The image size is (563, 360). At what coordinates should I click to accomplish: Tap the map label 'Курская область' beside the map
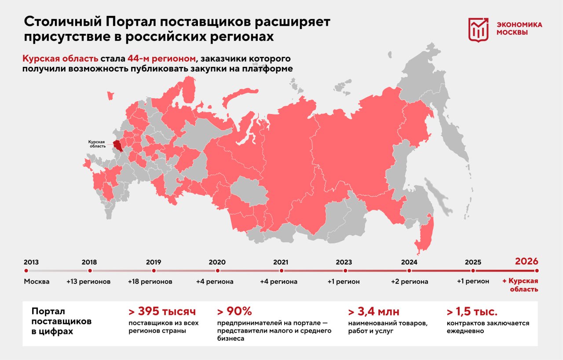96,144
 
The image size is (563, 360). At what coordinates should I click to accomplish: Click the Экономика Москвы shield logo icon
478,30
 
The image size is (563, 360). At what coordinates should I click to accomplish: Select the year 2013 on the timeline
31,262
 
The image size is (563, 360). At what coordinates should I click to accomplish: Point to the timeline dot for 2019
154,271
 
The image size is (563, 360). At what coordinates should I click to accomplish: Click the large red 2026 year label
526,261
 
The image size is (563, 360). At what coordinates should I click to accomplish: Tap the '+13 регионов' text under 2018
88,282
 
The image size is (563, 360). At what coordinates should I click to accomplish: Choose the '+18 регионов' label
150,282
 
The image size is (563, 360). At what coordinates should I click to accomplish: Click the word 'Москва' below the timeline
37,282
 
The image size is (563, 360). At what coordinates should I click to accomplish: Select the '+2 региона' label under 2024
409,282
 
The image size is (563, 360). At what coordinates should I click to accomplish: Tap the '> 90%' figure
234,312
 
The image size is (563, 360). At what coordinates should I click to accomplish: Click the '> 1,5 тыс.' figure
472,312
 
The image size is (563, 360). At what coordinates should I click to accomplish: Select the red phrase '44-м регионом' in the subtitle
161,59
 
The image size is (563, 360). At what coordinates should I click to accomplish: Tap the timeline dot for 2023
345,271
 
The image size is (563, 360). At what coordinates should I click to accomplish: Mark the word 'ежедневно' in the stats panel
465,331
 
